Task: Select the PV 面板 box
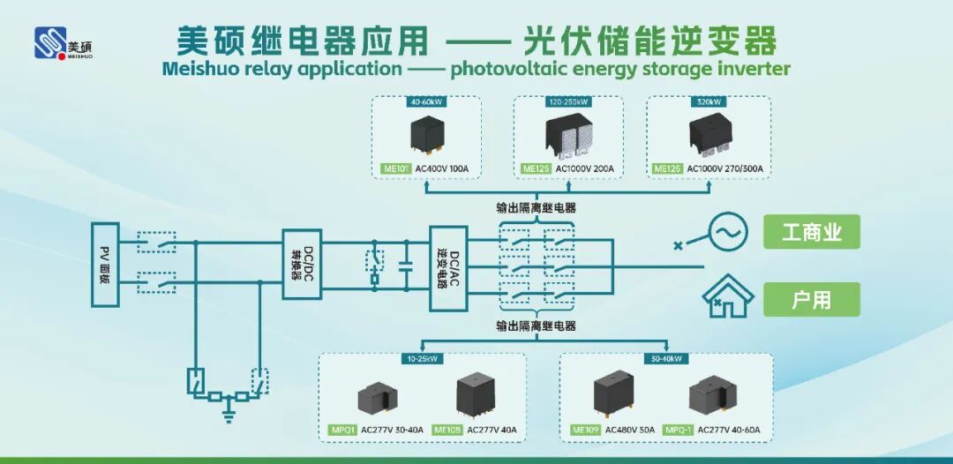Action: (x=105, y=264)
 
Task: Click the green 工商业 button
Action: (x=811, y=233)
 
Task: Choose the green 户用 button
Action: (x=811, y=300)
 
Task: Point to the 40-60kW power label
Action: (x=426, y=101)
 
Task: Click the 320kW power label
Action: (x=708, y=101)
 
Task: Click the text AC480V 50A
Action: (x=630, y=430)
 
